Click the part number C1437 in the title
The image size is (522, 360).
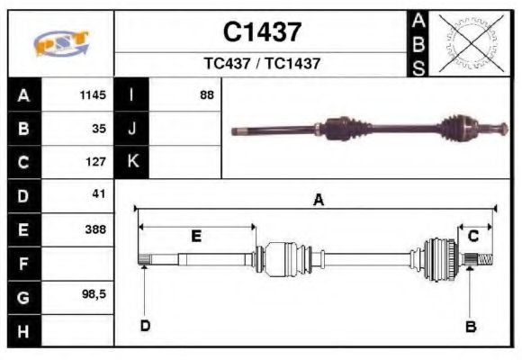262,32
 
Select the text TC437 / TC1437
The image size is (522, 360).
262,64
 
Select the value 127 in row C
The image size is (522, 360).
96,162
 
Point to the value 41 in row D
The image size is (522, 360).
99,194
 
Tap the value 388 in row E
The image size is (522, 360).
95,229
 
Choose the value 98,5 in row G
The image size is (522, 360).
94,295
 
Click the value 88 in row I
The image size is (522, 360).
207,94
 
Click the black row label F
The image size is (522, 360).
23,264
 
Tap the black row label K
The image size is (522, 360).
132,162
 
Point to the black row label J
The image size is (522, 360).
132,129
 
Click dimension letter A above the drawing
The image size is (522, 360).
318,201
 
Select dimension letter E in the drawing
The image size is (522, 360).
195,236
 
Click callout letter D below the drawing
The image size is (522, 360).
144,325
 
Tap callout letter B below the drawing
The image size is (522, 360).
470,326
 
